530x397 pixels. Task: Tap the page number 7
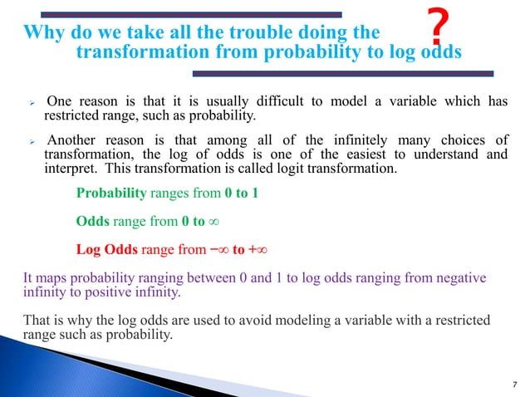513,383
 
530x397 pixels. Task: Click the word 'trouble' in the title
241,33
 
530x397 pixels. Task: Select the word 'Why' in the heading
42,33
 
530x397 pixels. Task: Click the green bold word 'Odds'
91,222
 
